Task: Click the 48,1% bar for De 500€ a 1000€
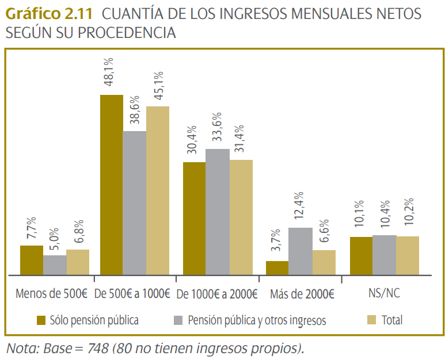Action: tap(112, 185)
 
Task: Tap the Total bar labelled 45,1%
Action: tap(158, 190)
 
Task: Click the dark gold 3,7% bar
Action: tap(277, 268)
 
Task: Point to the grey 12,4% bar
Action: tap(300, 251)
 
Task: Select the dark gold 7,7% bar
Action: tap(32, 260)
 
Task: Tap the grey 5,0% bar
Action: tap(55, 265)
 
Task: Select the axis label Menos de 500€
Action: tap(52, 294)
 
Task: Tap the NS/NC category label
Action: tap(384, 293)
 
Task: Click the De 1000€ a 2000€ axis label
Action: tap(218, 294)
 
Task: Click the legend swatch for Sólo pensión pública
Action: tap(41, 320)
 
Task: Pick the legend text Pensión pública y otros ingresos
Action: tap(257, 320)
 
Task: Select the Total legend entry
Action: tap(392, 320)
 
